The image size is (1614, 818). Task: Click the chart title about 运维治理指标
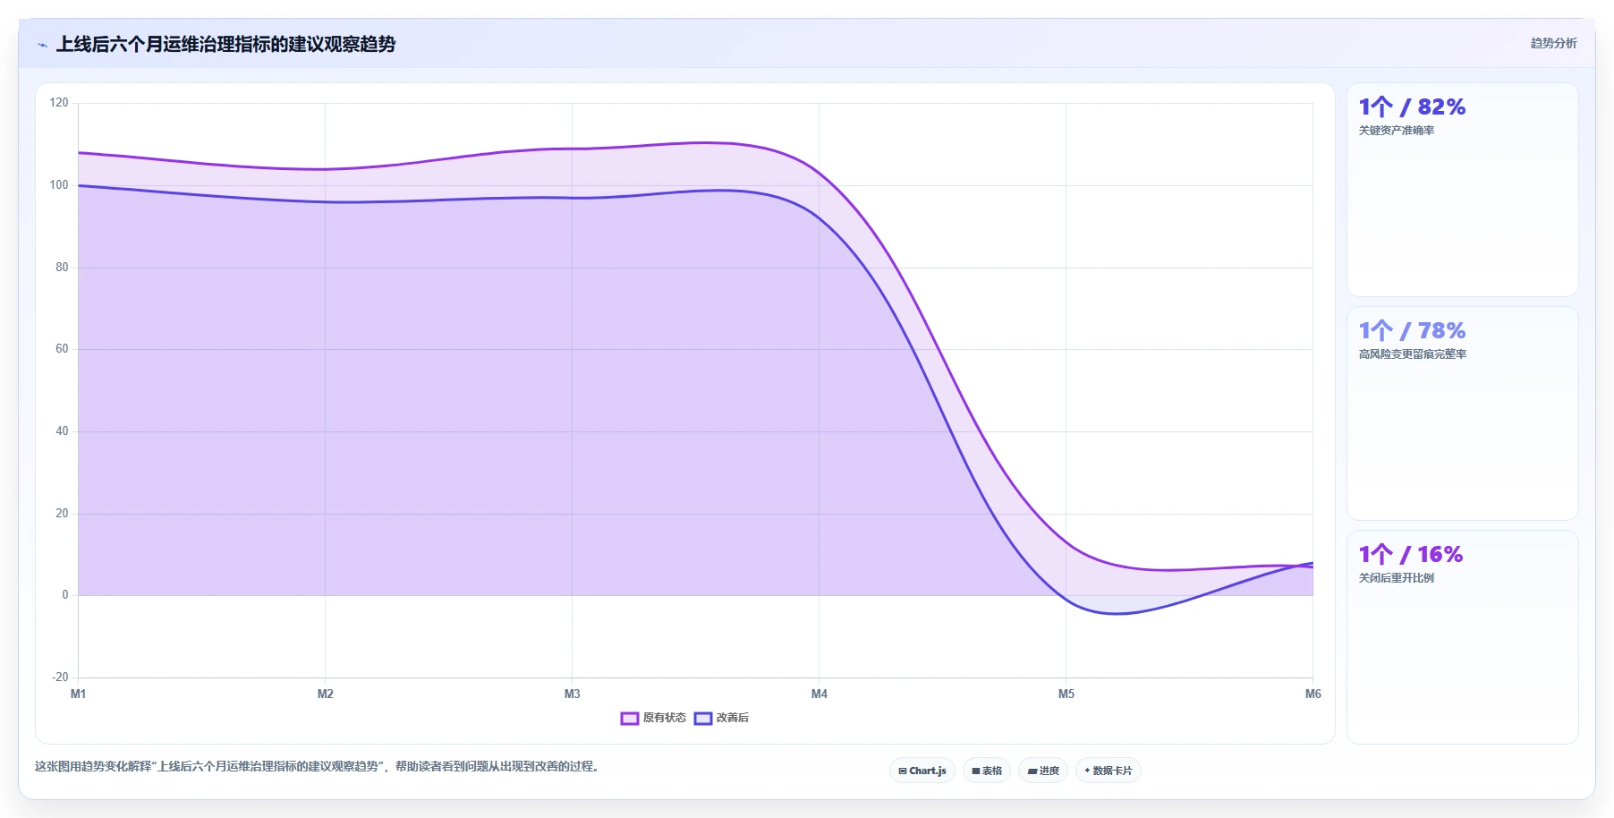pyautogui.click(x=225, y=44)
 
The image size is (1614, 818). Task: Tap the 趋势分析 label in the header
pyautogui.click(x=1553, y=43)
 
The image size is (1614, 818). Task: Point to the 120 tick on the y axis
pyautogui.click(x=59, y=103)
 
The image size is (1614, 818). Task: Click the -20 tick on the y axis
pyautogui.click(x=60, y=677)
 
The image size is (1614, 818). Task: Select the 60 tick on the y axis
pyautogui.click(x=62, y=349)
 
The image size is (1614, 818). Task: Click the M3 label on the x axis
pyautogui.click(x=573, y=694)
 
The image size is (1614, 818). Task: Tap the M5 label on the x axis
pyautogui.click(x=1066, y=694)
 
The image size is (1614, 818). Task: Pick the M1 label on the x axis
pyautogui.click(x=79, y=694)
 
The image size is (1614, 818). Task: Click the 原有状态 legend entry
pyautogui.click(x=654, y=718)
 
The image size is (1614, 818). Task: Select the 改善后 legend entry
pyautogui.click(x=722, y=718)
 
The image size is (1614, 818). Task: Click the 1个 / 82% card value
pyautogui.click(x=1412, y=107)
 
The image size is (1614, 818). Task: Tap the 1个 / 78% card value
pyautogui.click(x=1412, y=331)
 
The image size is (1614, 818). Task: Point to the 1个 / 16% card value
pyautogui.click(x=1411, y=555)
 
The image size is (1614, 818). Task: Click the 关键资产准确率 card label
pyautogui.click(x=1397, y=131)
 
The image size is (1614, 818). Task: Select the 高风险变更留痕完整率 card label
pyautogui.click(x=1413, y=354)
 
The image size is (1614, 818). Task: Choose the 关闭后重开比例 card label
pyautogui.click(x=1397, y=578)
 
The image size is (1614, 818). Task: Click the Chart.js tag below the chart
pyautogui.click(x=922, y=771)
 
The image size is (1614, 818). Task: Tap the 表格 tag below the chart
pyautogui.click(x=987, y=771)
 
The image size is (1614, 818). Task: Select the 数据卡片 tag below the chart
pyautogui.click(x=1109, y=771)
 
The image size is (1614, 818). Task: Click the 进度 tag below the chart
pyautogui.click(x=1043, y=771)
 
